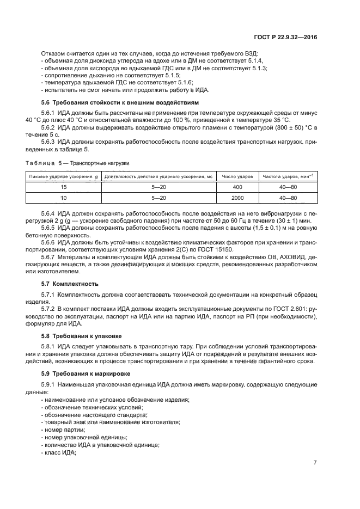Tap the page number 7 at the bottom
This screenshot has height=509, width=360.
[x=315, y=463]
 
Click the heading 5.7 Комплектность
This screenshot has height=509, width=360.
[x=70, y=284]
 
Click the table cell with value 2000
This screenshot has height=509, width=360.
[x=237, y=198]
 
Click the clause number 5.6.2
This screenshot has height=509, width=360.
[x=49, y=127]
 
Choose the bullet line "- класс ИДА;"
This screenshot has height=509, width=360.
[x=59, y=452]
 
